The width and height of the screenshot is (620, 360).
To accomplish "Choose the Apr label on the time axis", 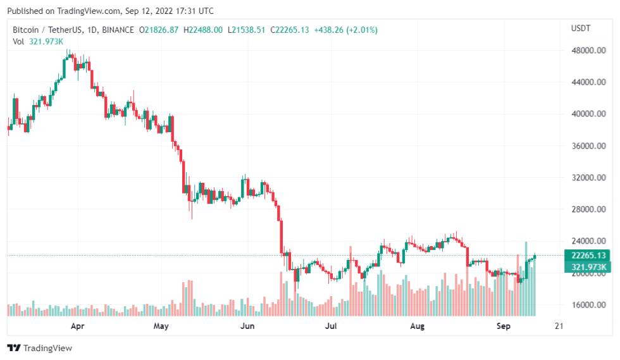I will point(78,326).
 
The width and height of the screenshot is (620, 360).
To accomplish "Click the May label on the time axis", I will point(161,326).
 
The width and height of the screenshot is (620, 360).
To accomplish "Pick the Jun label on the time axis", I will point(248,326).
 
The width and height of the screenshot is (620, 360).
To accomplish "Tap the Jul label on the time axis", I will point(331,326).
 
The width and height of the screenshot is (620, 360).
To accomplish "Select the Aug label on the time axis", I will point(417,326).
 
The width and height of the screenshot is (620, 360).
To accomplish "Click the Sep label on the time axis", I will point(503,326).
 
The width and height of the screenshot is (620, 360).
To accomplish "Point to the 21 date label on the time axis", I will point(558,326).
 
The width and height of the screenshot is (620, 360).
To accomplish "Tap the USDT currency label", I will point(581,28).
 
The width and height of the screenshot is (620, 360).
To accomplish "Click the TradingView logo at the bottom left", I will point(40,348).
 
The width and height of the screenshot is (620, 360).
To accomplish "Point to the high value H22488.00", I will point(202,30).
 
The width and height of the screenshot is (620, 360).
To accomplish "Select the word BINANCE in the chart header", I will point(119,30).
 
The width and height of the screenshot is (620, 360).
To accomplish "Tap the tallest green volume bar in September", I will point(526,278).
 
